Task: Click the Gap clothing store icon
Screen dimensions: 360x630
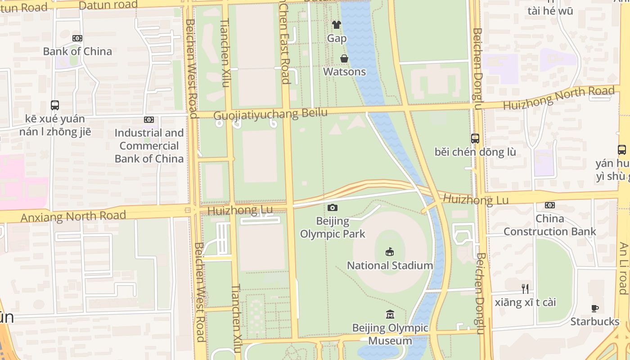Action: pos(337,25)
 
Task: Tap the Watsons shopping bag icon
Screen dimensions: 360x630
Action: pos(344,58)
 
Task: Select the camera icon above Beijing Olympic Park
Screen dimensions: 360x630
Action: pos(333,207)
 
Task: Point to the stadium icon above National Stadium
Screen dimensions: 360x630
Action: pos(390,252)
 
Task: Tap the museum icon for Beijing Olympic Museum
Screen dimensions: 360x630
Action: pos(390,314)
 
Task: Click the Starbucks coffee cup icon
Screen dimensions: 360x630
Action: pos(595,309)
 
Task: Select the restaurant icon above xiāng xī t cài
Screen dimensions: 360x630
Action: pos(525,288)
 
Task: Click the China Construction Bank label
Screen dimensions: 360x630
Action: pos(549,225)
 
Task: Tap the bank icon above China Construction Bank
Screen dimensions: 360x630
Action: pos(549,205)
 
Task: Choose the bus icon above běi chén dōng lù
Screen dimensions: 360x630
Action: pos(475,139)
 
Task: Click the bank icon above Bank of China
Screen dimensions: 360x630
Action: pos(77,38)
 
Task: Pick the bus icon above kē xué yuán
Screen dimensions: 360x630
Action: pos(55,105)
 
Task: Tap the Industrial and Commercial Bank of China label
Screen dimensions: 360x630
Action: pos(149,146)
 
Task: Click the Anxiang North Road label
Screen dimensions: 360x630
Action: pos(73,216)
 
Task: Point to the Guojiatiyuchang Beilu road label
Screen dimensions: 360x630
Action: pos(270,114)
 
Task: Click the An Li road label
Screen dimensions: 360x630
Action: pos(623,268)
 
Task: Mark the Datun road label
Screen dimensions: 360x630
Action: pos(108,5)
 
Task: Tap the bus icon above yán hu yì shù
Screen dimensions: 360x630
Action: pos(622,150)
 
